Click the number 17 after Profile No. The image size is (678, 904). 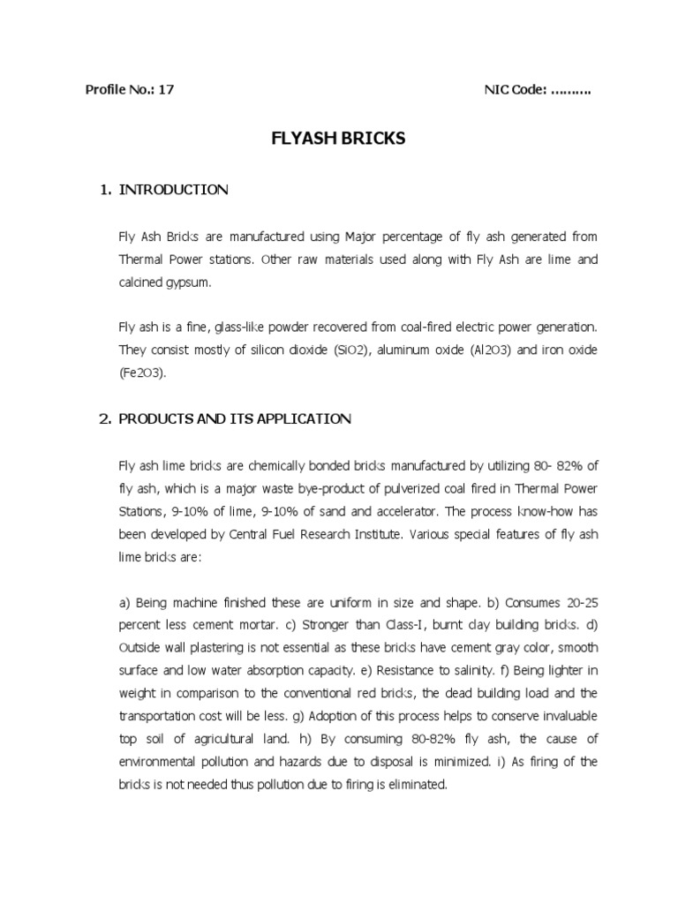(x=167, y=90)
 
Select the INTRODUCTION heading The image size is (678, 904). (x=173, y=189)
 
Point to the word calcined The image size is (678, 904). (x=139, y=282)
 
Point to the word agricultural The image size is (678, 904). (x=232, y=739)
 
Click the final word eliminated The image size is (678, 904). (x=415, y=785)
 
